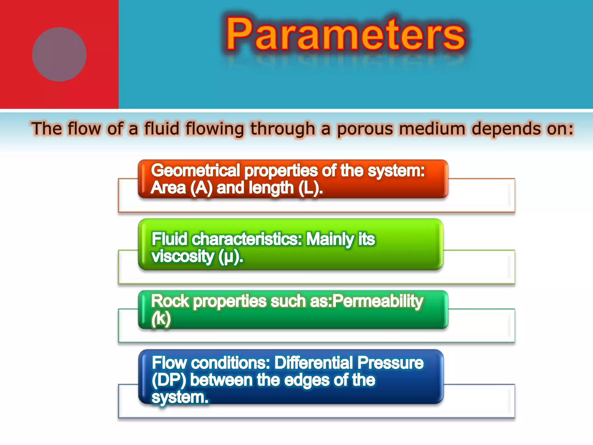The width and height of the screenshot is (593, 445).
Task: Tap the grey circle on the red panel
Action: pos(59,54)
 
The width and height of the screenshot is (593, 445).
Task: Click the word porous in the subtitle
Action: pos(365,129)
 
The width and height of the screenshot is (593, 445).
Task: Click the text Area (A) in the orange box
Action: pos(182,188)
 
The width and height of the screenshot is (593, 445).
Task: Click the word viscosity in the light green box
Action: pos(182,256)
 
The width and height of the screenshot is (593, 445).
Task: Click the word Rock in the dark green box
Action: pos(170,301)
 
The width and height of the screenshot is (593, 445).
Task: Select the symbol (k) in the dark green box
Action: pos(161,319)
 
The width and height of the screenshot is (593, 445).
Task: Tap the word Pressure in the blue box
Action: pos(390,363)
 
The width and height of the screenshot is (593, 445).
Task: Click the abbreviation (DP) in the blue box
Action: pos(169,380)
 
